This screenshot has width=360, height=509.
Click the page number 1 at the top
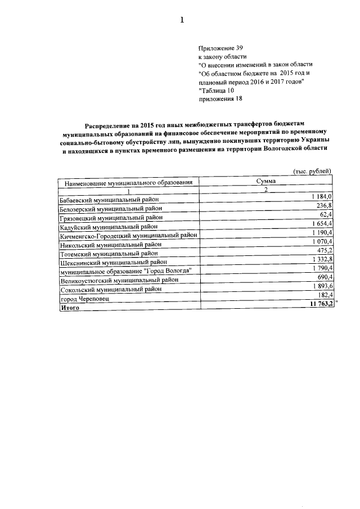(182, 21)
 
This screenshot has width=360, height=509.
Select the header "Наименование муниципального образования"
(129, 183)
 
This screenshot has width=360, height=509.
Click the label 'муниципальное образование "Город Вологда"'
(129, 271)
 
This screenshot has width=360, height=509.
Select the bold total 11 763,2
(321, 304)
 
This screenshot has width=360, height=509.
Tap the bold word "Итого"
(70, 308)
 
